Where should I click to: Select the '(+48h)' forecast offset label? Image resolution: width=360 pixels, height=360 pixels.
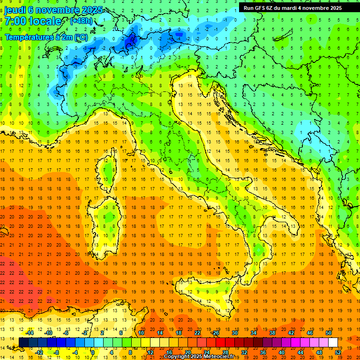[81, 21]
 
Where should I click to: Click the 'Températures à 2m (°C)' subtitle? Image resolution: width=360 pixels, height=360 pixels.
[45, 37]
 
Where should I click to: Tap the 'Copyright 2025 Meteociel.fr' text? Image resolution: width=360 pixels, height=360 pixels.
[199, 356]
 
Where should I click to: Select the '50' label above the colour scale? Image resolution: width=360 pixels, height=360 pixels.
[328, 332]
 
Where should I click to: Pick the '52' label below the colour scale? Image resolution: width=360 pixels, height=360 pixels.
[337, 352]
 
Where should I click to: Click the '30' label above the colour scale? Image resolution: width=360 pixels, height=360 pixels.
[234, 332]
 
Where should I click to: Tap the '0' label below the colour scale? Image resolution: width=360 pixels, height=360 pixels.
[93, 352]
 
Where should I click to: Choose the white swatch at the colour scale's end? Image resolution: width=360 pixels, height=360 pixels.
[333, 342]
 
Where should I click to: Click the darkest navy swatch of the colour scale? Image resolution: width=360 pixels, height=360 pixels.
[23, 342]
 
